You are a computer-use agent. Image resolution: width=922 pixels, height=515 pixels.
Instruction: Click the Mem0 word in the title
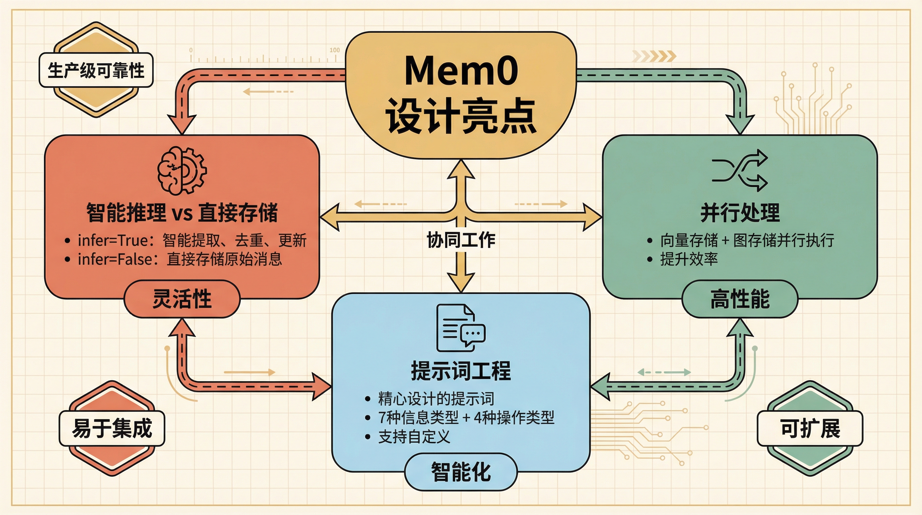461,70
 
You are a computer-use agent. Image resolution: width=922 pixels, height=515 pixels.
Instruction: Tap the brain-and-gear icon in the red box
182,171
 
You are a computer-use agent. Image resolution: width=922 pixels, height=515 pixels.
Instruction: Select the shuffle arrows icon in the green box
740,170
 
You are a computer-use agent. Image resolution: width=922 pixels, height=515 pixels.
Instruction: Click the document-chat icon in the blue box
461,328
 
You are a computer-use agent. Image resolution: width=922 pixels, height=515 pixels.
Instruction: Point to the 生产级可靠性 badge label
96,70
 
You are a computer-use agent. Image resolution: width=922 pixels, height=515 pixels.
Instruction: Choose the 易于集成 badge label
112,428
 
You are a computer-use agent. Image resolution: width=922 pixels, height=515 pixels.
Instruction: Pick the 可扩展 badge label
810,428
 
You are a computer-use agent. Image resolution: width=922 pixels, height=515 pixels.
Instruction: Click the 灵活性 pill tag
182,299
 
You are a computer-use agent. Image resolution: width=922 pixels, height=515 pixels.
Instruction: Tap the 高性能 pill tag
740,299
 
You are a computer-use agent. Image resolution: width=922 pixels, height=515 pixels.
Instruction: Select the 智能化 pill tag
461,472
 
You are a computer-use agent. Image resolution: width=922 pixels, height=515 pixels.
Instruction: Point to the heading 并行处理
740,213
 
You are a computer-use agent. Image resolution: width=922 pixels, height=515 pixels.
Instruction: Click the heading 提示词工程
461,371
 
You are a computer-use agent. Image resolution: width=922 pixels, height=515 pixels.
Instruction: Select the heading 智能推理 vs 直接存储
182,213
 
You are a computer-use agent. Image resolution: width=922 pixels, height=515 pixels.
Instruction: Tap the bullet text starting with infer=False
180,259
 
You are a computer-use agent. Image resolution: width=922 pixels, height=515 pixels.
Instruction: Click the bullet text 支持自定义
414,437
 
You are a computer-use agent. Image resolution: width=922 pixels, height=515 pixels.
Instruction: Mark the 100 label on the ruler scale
335,50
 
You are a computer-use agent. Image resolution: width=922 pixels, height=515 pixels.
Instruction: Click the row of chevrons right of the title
654,56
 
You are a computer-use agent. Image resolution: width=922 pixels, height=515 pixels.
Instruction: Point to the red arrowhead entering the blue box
322,387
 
